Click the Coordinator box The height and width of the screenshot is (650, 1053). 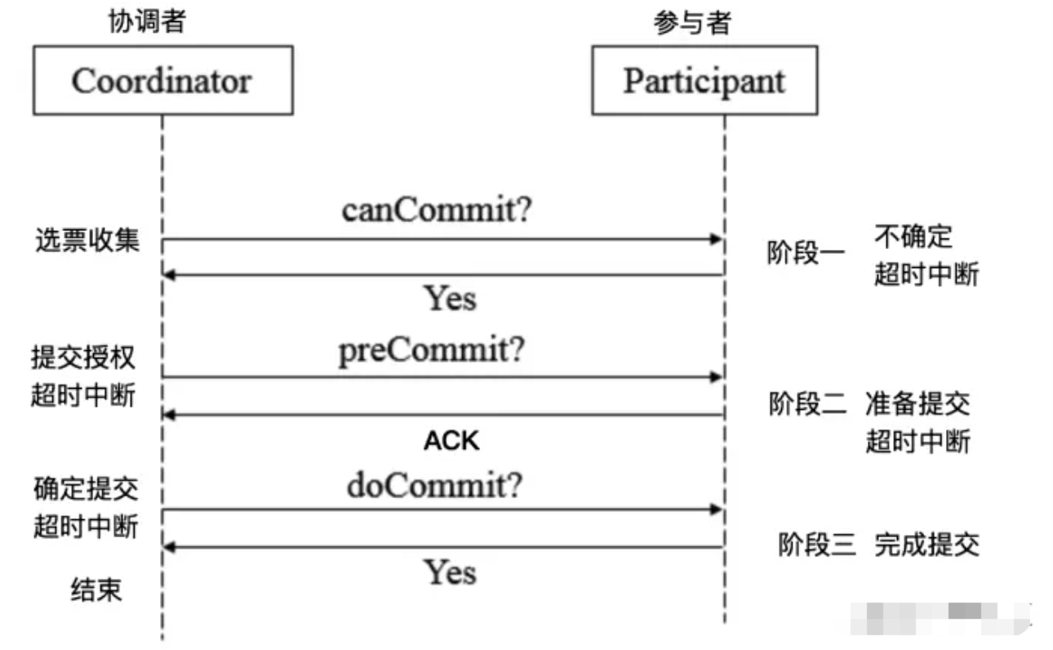point(162,81)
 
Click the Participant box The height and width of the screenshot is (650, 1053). point(704,80)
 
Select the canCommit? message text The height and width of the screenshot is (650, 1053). point(437,211)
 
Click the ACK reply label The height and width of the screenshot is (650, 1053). point(451,442)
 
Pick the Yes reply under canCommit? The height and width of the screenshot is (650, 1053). point(450,299)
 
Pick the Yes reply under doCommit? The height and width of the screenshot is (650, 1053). point(450,572)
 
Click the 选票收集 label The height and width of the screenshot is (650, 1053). point(87,241)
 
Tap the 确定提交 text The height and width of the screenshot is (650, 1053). point(86,490)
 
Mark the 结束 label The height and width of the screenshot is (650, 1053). point(95,590)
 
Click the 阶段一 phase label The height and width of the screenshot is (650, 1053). point(806,253)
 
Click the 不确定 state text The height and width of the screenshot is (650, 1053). point(913,237)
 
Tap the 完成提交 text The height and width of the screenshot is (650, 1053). point(926,544)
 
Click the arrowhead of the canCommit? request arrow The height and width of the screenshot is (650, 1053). point(717,239)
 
